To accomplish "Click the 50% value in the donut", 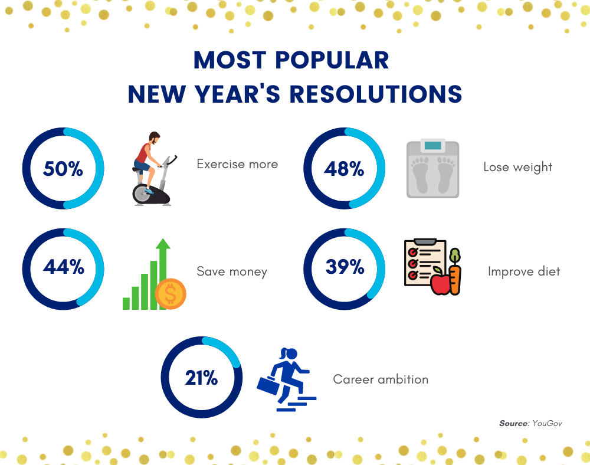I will coord(63,169).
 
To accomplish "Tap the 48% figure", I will coord(344,169).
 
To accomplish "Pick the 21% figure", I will coord(201,378).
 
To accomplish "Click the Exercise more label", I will coord(237,164).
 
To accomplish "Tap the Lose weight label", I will coord(517,167).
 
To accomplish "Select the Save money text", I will coord(232,272).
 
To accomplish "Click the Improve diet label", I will coord(524,271).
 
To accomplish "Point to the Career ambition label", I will coord(381,379).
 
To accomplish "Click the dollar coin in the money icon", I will coord(171,293).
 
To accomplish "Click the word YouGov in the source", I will coord(547,424).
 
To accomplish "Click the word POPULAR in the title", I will coord(334,61).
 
